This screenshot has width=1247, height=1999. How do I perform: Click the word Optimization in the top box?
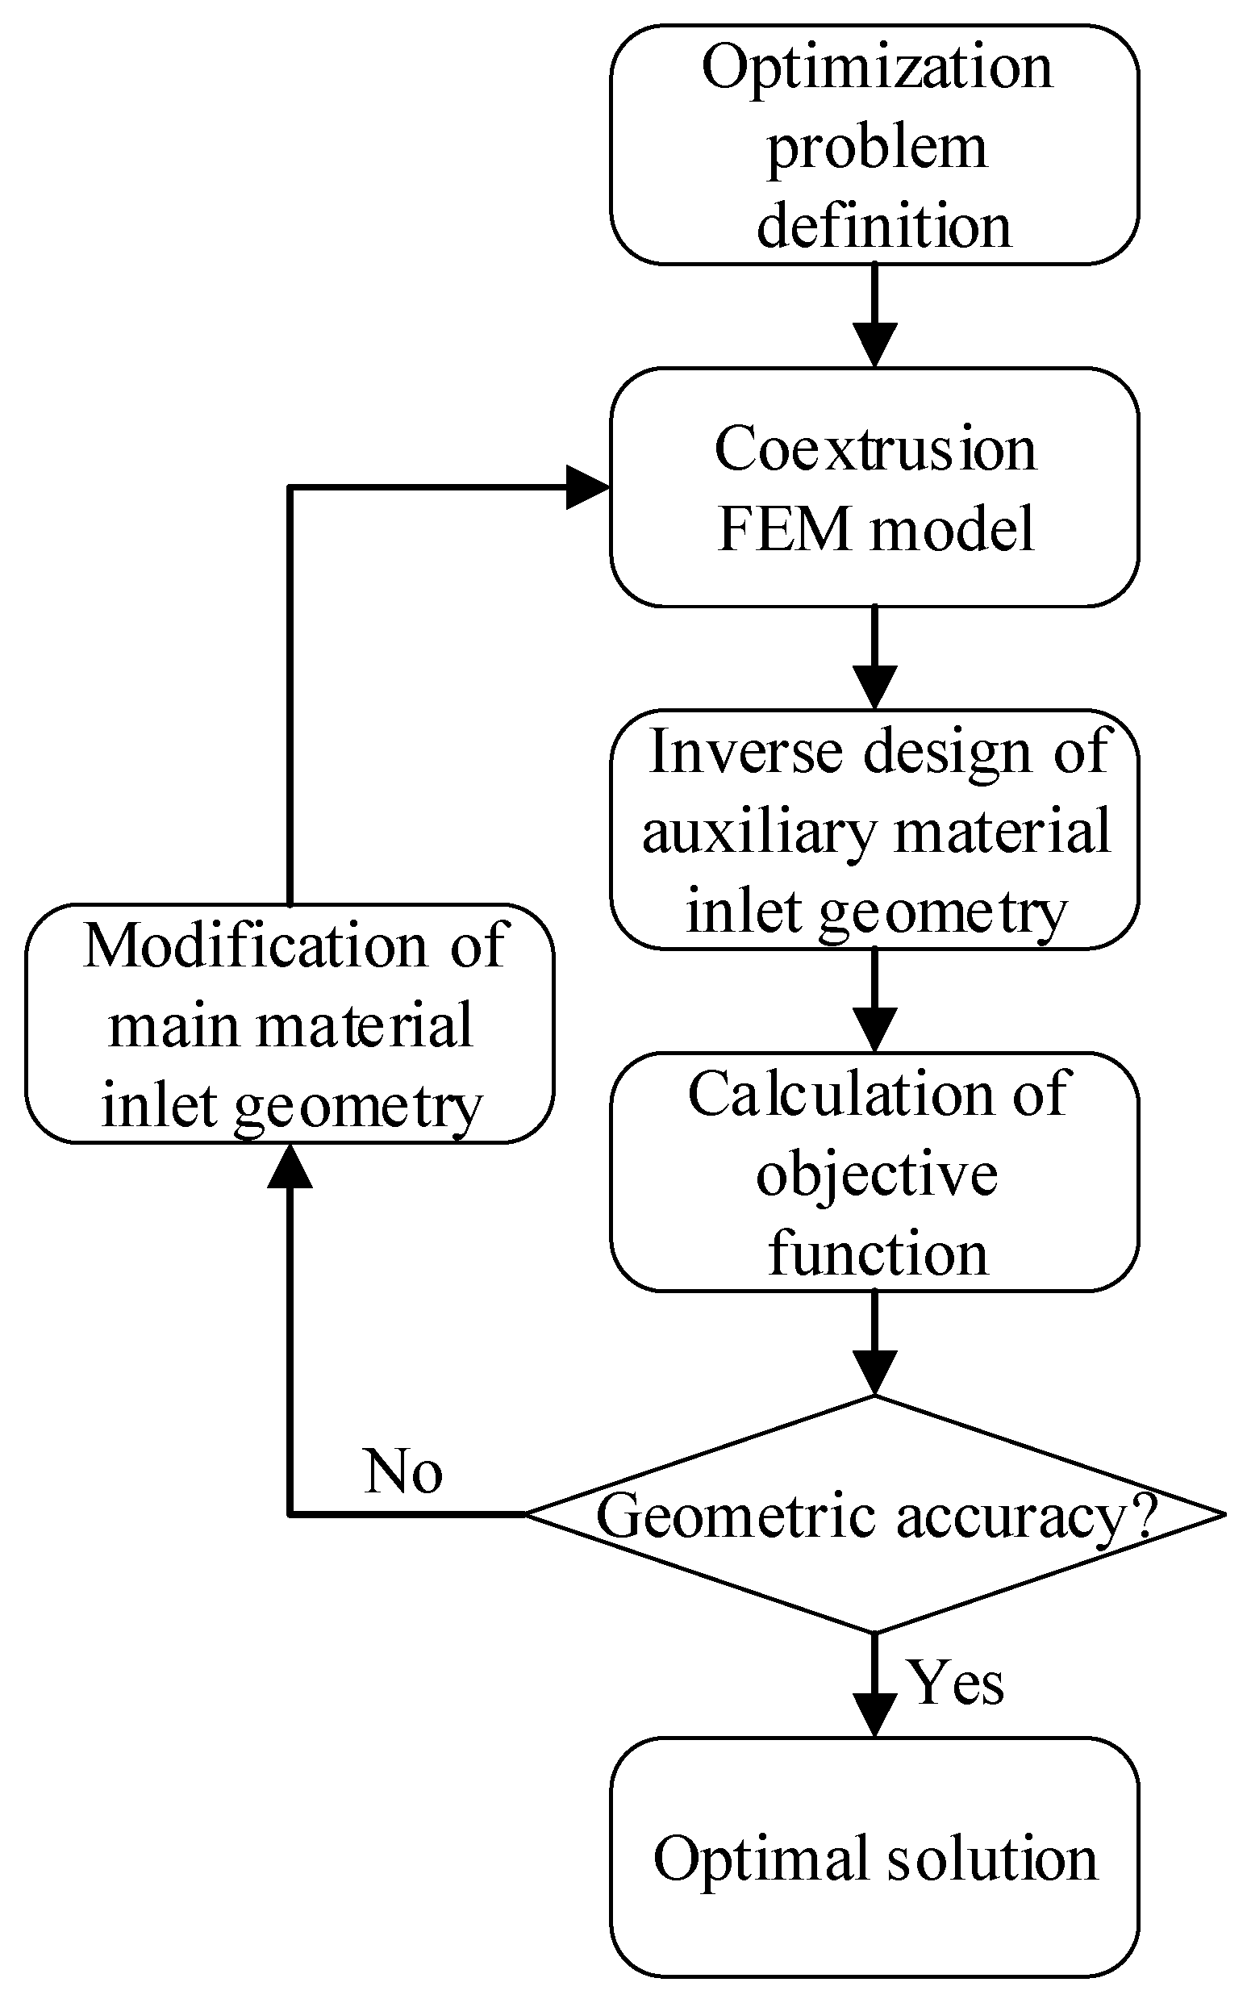click(876, 68)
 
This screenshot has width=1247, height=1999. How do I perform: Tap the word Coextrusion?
click(874, 449)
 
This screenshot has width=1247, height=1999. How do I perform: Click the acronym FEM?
click(783, 528)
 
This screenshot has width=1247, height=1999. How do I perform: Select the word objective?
click(876, 1175)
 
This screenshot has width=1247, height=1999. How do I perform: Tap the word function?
click(877, 1254)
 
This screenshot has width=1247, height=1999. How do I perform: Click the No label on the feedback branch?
click(403, 1472)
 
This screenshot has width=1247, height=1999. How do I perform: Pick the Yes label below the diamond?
click(956, 1681)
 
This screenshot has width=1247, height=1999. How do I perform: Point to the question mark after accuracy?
click(1144, 1514)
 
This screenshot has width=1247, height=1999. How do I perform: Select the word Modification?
click(255, 945)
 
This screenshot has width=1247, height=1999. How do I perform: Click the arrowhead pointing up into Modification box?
click(290, 1165)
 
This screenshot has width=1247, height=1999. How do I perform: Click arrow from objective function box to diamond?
click(874, 1342)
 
